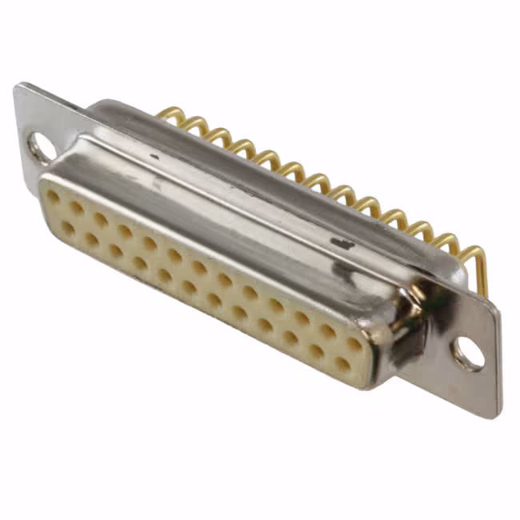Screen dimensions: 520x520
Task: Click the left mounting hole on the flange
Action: coord(40,146)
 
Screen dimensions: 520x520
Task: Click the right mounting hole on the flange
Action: coord(469,354)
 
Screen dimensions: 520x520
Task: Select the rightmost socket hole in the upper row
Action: coord(353,342)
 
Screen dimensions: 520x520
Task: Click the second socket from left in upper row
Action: coord(76,207)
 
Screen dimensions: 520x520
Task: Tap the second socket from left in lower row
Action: coord(92,239)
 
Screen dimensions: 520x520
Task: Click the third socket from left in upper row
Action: coord(101,219)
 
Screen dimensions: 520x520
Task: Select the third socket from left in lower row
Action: coord(116,250)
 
